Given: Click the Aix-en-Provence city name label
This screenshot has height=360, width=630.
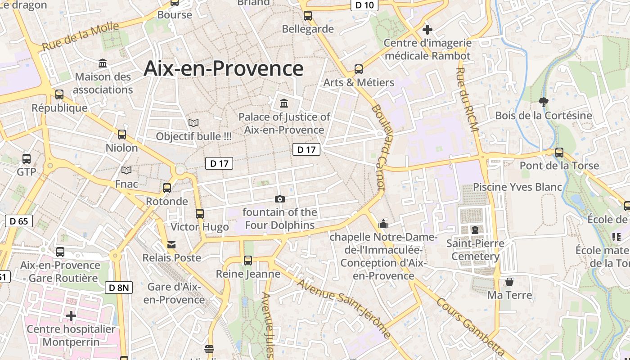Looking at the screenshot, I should (x=224, y=68).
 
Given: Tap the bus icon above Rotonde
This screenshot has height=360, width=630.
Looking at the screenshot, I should (x=167, y=188).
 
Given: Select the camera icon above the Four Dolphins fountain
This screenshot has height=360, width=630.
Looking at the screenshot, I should (x=279, y=199).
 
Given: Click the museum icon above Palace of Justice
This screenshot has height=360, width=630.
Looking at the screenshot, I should (x=284, y=103).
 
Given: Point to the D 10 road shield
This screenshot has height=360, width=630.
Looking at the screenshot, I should (x=364, y=5).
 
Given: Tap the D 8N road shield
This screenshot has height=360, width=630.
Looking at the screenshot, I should (x=119, y=288).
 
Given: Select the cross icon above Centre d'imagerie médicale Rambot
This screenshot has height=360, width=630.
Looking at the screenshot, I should (x=427, y=30).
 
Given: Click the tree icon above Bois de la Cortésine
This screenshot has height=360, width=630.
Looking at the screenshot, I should (x=543, y=102).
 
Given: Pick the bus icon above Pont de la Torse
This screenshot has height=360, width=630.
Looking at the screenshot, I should (x=559, y=152).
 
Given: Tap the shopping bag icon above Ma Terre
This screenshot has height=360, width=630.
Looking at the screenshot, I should (x=509, y=282).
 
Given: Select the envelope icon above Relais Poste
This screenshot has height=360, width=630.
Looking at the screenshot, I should (x=171, y=244).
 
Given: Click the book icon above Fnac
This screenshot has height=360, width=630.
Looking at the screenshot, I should (x=126, y=170).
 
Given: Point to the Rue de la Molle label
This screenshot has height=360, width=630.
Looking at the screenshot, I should (x=81, y=36).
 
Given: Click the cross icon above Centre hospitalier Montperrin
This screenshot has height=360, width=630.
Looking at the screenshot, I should (x=71, y=316).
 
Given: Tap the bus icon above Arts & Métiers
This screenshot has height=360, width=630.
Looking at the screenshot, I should (x=358, y=69).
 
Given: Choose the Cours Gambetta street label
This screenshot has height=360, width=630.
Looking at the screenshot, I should (x=470, y=326).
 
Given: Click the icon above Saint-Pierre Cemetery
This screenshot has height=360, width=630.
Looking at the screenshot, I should (x=475, y=229).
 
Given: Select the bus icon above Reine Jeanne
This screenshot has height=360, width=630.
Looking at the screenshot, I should (x=247, y=260).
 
